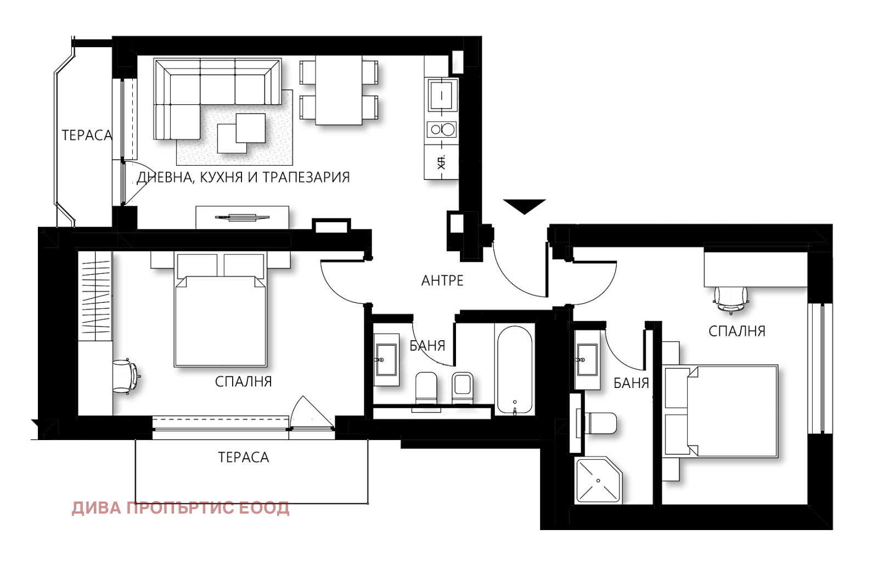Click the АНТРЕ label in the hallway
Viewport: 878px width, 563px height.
(x=442, y=281)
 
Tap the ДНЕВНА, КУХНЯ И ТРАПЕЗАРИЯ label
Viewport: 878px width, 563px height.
(x=243, y=177)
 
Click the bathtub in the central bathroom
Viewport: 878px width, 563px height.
(x=515, y=369)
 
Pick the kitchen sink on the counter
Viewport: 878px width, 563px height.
(x=442, y=95)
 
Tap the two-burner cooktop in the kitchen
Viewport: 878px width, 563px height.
(x=442, y=130)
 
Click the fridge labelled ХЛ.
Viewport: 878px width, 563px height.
(x=442, y=162)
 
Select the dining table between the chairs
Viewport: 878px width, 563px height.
(x=339, y=90)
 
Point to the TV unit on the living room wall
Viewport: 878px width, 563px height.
(x=242, y=217)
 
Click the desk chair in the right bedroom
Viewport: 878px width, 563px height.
(x=731, y=300)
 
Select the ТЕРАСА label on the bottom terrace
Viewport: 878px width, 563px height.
(x=244, y=457)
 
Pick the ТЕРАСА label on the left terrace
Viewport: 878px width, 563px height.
(x=87, y=135)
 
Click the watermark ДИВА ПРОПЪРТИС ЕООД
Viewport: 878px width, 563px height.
(x=181, y=508)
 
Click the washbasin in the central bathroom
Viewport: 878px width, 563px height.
(x=386, y=359)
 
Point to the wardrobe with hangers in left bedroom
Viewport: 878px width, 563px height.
(x=95, y=296)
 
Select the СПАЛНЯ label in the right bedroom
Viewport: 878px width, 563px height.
(x=737, y=331)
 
